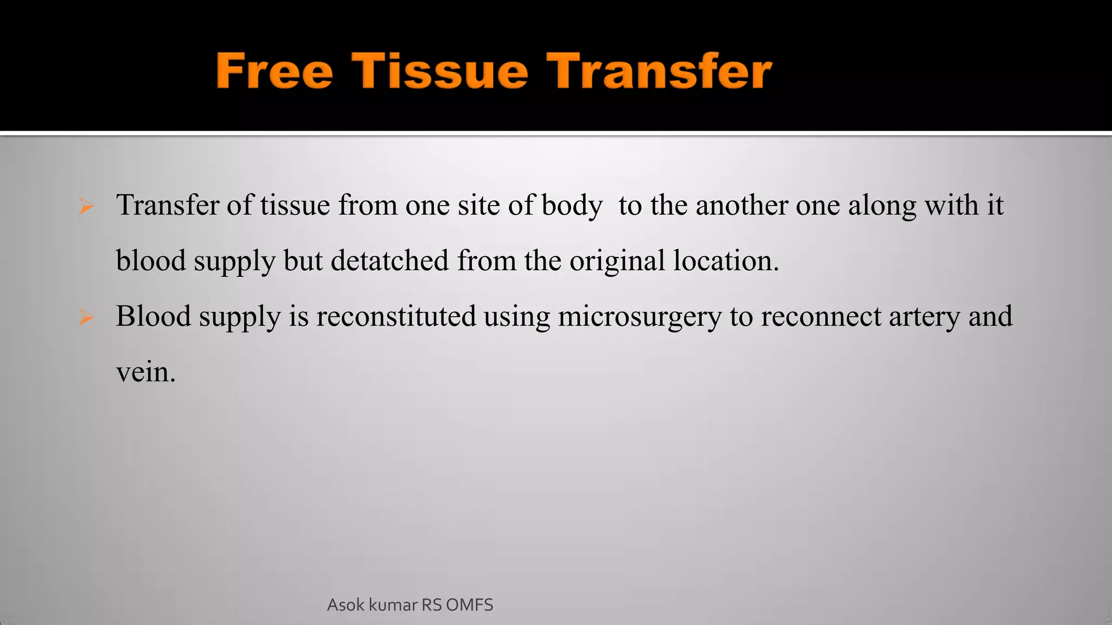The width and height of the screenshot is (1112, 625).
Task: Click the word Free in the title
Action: point(274,71)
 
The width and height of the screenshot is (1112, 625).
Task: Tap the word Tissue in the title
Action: point(440,71)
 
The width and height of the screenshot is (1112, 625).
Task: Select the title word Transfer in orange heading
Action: point(659,71)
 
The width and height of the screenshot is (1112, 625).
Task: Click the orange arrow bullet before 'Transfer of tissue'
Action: point(86,206)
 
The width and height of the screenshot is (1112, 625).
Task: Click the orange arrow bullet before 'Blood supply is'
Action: point(86,317)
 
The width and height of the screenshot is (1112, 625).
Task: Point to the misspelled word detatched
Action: point(389,260)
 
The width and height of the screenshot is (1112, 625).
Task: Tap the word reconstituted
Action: point(396,316)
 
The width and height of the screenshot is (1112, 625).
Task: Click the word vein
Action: point(146,372)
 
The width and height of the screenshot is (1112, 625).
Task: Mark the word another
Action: point(742,205)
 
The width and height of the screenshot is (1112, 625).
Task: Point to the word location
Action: point(726,260)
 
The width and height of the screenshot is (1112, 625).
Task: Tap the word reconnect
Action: point(821,316)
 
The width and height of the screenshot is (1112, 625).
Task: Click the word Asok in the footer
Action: point(346,605)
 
